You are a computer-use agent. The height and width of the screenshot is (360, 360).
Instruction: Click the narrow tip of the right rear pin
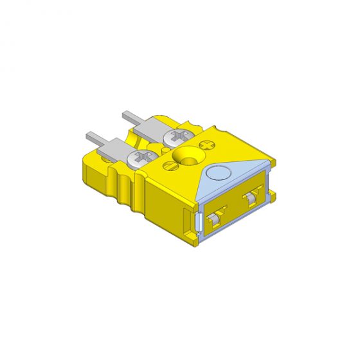(127, 116)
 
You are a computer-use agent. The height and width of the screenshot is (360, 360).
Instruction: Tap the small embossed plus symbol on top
(208, 145)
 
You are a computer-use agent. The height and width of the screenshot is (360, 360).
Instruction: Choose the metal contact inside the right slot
(251, 199)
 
